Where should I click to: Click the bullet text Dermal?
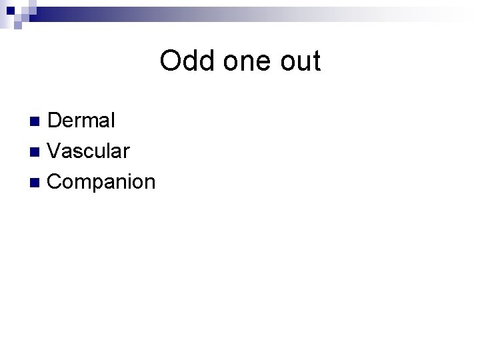[x=81, y=121]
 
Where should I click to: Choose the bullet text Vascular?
[x=88, y=151]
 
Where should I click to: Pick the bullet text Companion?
[x=101, y=181]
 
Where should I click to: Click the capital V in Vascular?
[x=55, y=151]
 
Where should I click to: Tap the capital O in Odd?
[x=171, y=61]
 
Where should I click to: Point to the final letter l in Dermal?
[x=112, y=121]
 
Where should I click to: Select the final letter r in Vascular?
[x=125, y=152]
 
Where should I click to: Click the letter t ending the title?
[x=316, y=61]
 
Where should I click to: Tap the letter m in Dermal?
[x=91, y=122]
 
